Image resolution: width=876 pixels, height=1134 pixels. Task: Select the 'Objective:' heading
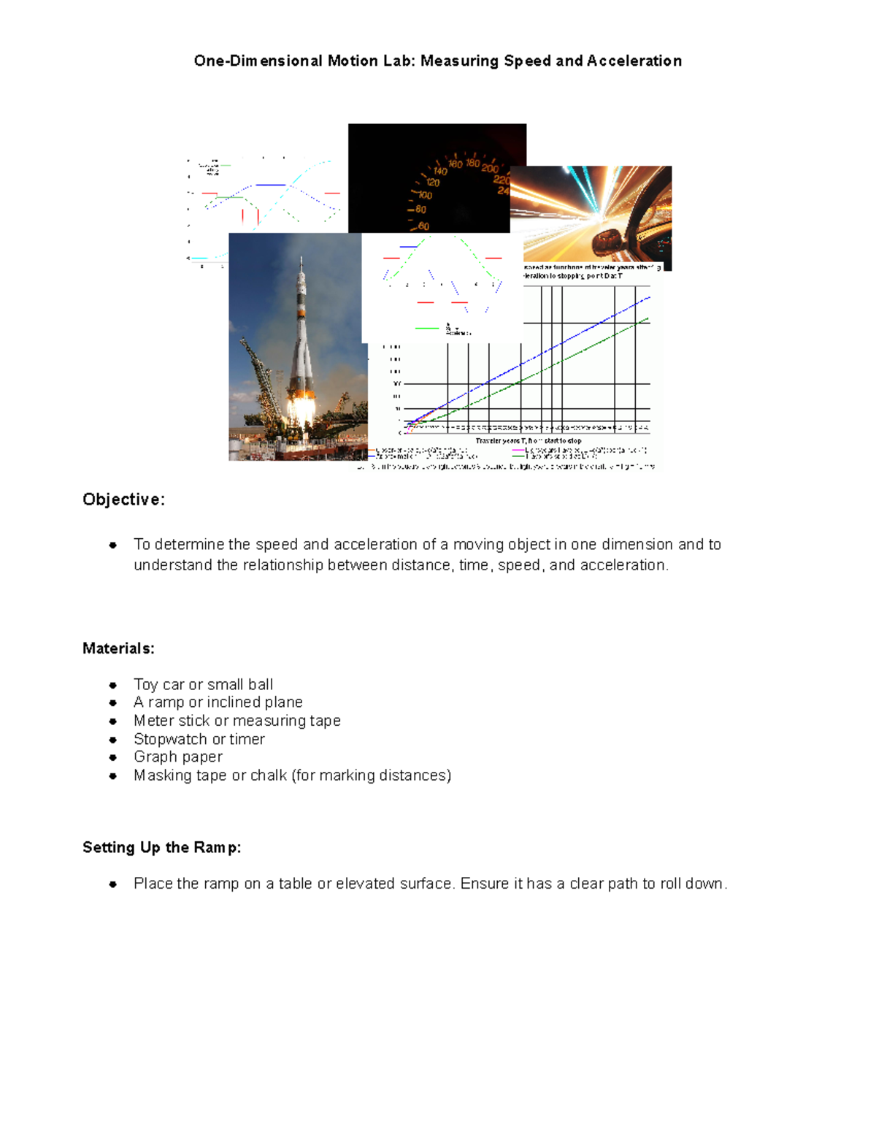(123, 499)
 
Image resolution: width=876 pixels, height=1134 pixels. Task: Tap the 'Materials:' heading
(118, 648)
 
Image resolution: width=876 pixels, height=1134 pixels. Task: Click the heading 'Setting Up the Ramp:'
(161, 847)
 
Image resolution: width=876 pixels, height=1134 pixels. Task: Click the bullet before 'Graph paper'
(113, 757)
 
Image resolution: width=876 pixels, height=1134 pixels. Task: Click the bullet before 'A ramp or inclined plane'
(113, 702)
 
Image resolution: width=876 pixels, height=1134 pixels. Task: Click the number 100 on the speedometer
(424, 196)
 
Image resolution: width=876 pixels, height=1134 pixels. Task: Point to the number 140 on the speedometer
(440, 172)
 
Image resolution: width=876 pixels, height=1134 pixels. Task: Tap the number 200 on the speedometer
(490, 169)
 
